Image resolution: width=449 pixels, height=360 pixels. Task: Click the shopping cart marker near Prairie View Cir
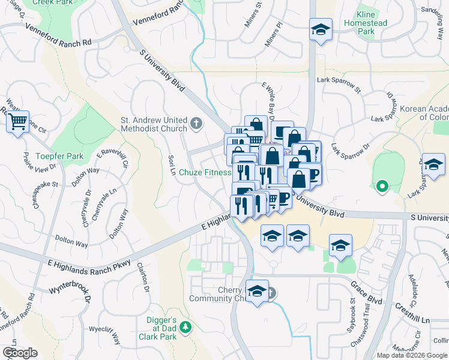(x=17, y=122)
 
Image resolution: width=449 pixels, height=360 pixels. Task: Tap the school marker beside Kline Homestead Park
(x=321, y=29)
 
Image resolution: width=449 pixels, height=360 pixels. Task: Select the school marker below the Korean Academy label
(x=433, y=164)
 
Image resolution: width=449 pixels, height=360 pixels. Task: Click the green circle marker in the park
(x=381, y=187)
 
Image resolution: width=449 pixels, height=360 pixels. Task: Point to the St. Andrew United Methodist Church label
(x=154, y=124)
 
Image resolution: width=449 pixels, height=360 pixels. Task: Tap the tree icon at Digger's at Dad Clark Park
(x=186, y=326)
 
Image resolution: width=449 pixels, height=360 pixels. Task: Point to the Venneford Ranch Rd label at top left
(x=58, y=35)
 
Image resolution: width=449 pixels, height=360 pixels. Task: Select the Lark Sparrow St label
(x=339, y=85)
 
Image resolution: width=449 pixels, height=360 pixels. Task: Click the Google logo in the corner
(x=20, y=352)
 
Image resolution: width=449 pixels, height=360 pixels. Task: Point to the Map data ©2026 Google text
(x=412, y=355)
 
